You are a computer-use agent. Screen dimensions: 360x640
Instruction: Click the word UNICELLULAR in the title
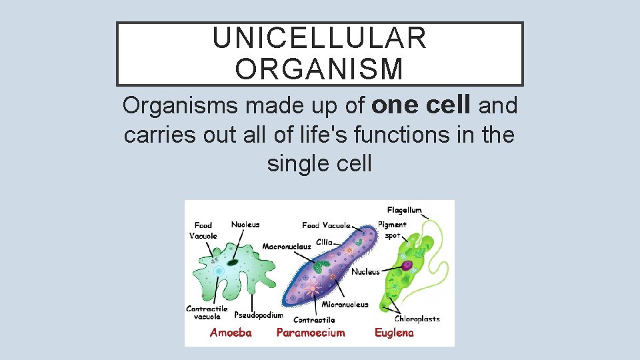tap(319, 39)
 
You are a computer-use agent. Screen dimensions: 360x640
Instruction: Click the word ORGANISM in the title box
tap(319, 69)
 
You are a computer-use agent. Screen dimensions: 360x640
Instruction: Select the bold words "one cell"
tap(422, 105)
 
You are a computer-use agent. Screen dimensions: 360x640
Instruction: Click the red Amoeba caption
tap(231, 333)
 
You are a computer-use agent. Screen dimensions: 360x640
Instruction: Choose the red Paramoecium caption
tap(311, 333)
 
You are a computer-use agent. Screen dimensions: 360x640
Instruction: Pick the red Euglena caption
tap(394, 333)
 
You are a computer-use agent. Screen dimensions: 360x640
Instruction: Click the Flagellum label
tap(404, 210)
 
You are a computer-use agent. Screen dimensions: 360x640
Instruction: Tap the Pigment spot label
tap(392, 230)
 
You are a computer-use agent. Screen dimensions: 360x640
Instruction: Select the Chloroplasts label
tap(417, 319)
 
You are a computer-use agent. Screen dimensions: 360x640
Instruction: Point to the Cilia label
tap(325, 242)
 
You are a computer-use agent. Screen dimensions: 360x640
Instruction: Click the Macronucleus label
tap(287, 247)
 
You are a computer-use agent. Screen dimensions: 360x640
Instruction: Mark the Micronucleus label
tap(345, 305)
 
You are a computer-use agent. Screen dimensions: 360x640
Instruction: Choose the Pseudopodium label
tap(259, 315)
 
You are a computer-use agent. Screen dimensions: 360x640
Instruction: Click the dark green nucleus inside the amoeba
tap(233, 263)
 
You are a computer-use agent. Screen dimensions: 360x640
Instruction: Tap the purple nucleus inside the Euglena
tap(406, 265)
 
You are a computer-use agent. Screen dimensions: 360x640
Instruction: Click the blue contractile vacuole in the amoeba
tap(219, 270)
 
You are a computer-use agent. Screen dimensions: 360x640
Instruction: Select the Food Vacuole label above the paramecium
tap(326, 225)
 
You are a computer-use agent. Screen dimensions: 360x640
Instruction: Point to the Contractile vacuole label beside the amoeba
tap(207, 313)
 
